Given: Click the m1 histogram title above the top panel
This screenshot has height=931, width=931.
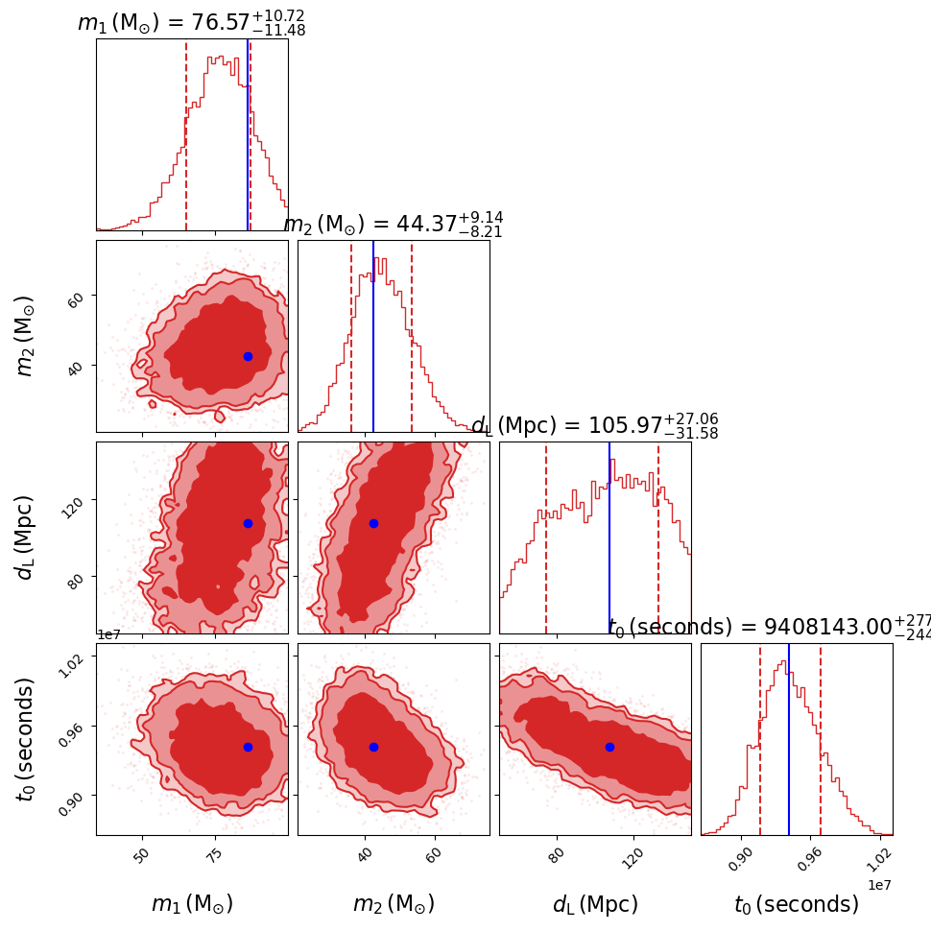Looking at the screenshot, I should coord(191,22).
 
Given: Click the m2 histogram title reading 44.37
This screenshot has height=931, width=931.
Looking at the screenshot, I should coord(393,224).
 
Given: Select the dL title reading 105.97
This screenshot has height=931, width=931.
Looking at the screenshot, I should coord(594,425).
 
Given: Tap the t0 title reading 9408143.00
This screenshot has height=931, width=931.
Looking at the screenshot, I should coord(768,627).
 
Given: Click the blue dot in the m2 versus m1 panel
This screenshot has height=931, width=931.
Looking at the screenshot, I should coord(248,356).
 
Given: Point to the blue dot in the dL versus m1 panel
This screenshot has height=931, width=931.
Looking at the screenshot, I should coord(248,523).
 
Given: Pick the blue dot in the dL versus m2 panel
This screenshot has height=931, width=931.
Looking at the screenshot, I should coord(373,523).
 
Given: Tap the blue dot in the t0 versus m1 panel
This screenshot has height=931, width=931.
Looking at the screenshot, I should coord(248,747).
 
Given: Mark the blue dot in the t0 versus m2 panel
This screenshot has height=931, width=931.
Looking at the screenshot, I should coord(373,747).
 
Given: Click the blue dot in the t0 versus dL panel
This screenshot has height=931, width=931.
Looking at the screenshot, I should coord(609,747).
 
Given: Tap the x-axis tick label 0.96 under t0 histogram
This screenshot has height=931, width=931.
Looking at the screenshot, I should coord(812,857).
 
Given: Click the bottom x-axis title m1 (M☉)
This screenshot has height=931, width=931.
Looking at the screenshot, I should coord(192,904).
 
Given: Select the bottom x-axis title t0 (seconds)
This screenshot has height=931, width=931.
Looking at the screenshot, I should coord(797,904).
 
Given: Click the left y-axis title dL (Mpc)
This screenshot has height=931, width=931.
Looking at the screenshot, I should coord(27,537).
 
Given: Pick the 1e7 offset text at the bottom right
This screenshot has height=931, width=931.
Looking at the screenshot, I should coord(879,884).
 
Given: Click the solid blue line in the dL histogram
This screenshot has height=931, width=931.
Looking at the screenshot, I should coord(609,537).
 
